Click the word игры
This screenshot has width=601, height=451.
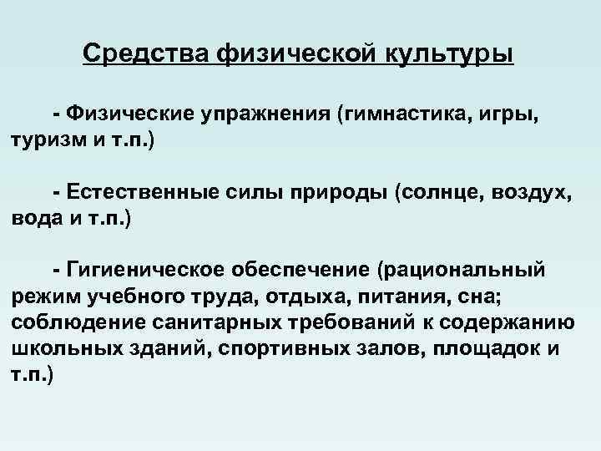[517, 114]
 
